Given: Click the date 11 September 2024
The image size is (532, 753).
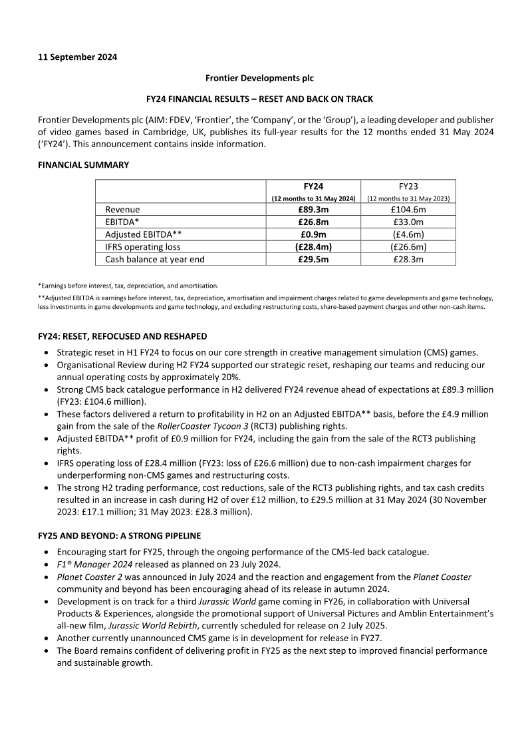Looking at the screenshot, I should coord(78,57).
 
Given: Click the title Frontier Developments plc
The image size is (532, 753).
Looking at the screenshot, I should coord(259,78).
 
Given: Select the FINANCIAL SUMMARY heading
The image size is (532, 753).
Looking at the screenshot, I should coord(84,164).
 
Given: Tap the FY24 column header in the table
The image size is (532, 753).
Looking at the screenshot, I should coord(313,187).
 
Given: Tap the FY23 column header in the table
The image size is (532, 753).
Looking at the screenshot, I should coord(408,187).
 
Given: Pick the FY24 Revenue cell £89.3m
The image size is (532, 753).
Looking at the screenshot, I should coord(313,210).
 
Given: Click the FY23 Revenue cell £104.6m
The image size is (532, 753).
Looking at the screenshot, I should coord(408,210).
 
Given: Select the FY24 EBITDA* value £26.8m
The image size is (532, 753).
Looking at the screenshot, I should coord(313,222).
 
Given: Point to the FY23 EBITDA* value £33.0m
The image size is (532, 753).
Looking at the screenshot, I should coord(408,222).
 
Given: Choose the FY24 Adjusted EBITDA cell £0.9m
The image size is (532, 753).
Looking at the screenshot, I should coord(313,234).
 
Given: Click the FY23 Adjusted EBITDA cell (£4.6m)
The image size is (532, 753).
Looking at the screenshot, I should coord(408,234).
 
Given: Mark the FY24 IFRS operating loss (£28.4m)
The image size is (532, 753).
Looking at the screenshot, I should coord(313,247).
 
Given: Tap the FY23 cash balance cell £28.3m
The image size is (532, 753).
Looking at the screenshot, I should coord(408,260).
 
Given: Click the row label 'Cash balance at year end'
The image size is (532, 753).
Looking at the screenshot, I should coord(153,260).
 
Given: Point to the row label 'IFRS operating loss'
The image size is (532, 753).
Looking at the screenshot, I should coord(142,247).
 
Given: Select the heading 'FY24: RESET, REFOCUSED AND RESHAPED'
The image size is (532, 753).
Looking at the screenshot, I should coord(122,336).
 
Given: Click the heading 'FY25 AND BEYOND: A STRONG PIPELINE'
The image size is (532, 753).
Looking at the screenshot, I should coord(120,536).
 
